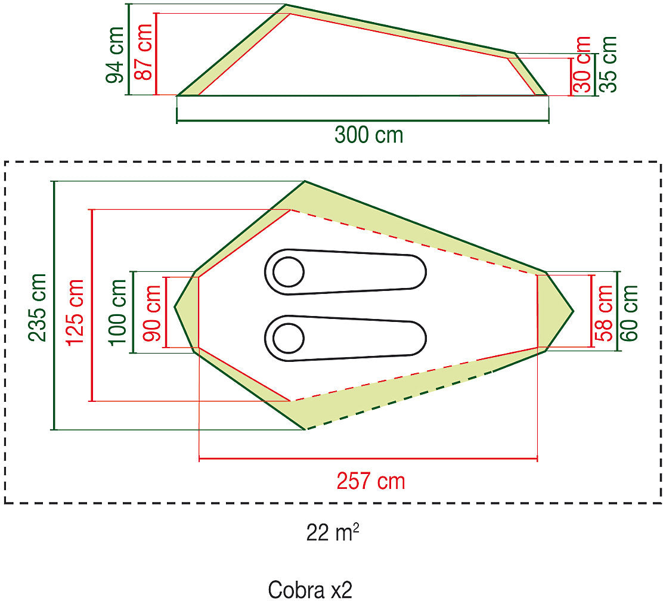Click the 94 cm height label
tap(115, 55)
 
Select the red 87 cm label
tap(144, 53)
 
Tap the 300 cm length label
tap(368, 135)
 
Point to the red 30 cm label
tap(583, 64)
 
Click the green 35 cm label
tap(608, 64)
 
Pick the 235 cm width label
tap(38, 307)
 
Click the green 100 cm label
tap(118, 311)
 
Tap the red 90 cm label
tap(153, 312)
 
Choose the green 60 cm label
tap(630, 312)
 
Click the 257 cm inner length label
tap(370, 481)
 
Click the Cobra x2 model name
tap(310, 589)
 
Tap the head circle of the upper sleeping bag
tap(289, 272)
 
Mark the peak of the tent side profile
tap(286, 5)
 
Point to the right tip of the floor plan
tap(572, 311)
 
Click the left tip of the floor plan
tap(175, 308)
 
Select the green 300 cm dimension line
tap(363, 122)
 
